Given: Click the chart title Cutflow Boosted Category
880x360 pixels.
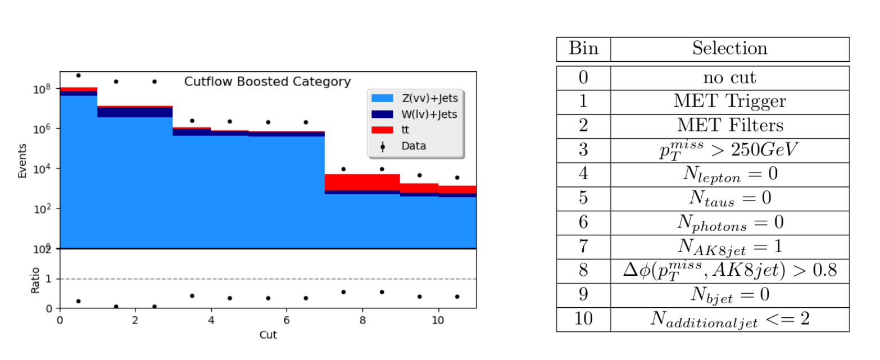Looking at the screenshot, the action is pyautogui.click(x=267, y=81).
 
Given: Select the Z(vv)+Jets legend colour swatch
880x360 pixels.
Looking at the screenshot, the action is pyautogui.click(x=382, y=98).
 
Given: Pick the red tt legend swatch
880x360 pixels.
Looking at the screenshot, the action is pyautogui.click(x=382, y=130).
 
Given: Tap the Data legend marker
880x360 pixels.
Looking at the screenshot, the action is pyautogui.click(x=383, y=147).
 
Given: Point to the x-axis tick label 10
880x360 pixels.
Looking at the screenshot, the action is pyautogui.click(x=438, y=321).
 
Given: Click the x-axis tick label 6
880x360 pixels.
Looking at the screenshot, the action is pyautogui.click(x=287, y=321).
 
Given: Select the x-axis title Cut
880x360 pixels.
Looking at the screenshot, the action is pyautogui.click(x=268, y=335).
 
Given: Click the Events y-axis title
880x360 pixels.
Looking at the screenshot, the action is pyautogui.click(x=22, y=161).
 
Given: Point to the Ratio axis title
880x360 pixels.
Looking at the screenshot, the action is pyautogui.click(x=35, y=280).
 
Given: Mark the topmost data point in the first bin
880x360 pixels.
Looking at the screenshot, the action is pyautogui.click(x=79, y=75).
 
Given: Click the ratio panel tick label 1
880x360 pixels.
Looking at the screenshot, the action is pyautogui.click(x=48, y=279).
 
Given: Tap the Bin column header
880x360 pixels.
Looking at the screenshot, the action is pyautogui.click(x=583, y=49).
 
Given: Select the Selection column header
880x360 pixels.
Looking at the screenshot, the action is pyautogui.click(x=730, y=49).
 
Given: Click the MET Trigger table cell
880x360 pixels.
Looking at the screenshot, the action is pyautogui.click(x=730, y=102).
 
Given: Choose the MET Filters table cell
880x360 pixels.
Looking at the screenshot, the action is pyautogui.click(x=730, y=126).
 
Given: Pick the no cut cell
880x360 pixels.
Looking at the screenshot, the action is pyautogui.click(x=730, y=78).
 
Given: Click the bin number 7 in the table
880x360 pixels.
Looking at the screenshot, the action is pyautogui.click(x=583, y=247).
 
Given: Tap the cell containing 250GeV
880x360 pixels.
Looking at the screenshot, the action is pyautogui.click(x=730, y=151).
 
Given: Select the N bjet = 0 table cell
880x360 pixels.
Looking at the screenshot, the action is pyautogui.click(x=730, y=295).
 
